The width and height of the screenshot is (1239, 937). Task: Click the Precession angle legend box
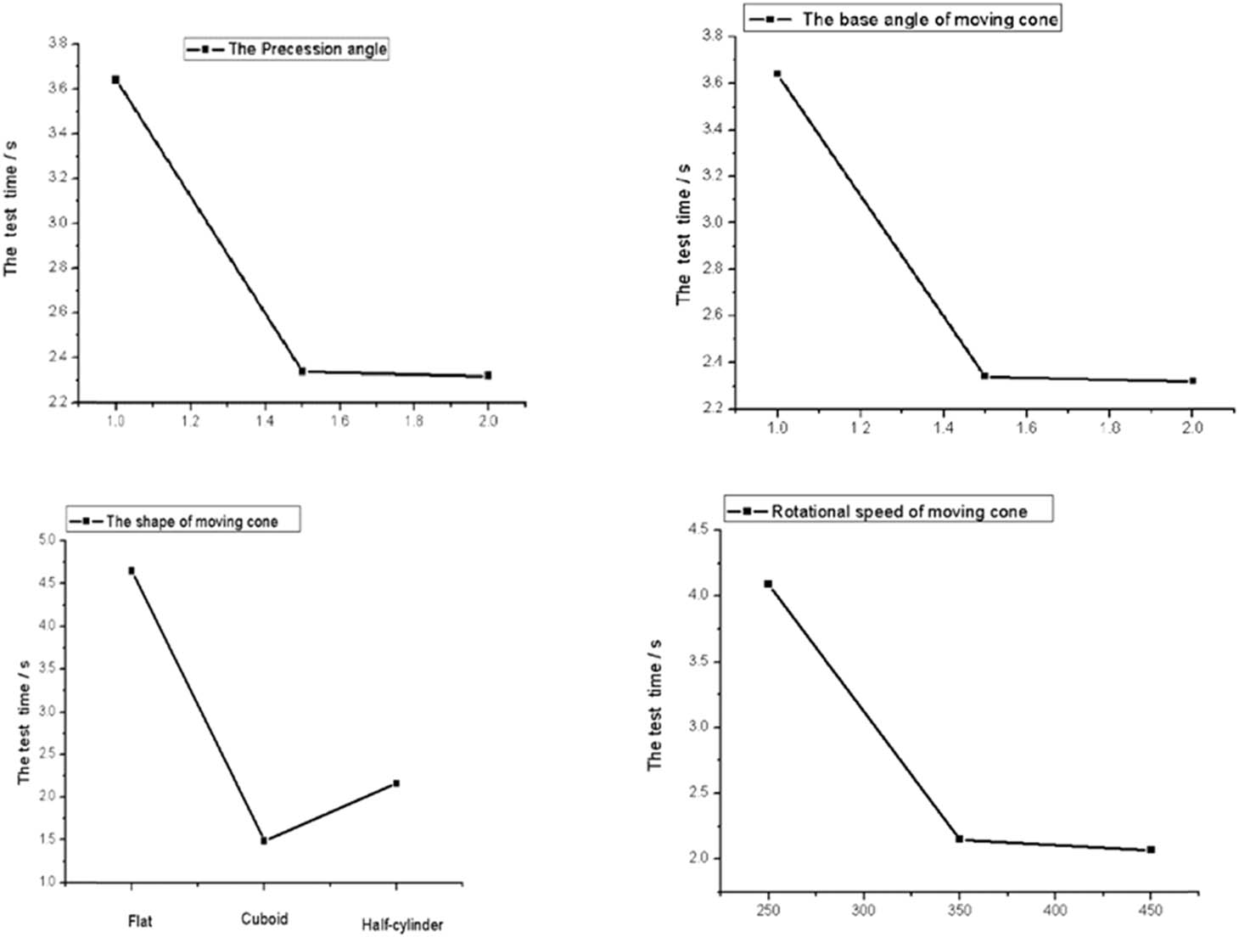click(x=287, y=49)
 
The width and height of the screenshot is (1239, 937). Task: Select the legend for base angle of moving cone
click(x=902, y=19)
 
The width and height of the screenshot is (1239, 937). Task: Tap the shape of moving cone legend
click(x=183, y=520)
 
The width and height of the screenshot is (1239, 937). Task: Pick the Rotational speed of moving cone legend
click(x=889, y=511)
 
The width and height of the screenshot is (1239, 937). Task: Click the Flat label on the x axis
click(x=140, y=920)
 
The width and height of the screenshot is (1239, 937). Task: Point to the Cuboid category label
click(x=264, y=918)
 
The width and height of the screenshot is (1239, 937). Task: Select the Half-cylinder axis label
click(x=402, y=924)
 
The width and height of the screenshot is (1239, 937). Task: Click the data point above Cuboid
click(x=264, y=840)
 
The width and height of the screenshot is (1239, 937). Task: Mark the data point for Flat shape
click(x=132, y=570)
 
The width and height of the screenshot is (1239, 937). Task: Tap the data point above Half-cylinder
click(x=396, y=783)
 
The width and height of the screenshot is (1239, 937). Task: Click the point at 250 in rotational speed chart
click(x=768, y=584)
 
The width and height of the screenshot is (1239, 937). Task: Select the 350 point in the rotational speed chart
click(x=959, y=839)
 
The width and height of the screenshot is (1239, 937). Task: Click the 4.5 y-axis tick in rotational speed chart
click(x=702, y=530)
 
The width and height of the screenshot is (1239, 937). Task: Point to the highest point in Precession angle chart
click(x=115, y=80)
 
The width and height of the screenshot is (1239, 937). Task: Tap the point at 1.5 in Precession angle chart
click(x=302, y=371)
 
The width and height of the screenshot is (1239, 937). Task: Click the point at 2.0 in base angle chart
click(x=1192, y=381)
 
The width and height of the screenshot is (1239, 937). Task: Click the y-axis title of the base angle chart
click(x=684, y=234)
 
